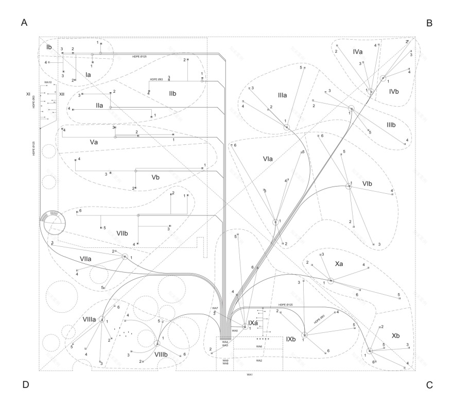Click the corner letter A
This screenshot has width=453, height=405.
click(24, 23)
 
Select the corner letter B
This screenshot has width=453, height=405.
click(429, 23)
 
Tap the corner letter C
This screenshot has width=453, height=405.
click(429, 384)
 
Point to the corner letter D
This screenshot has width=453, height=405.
click(24, 384)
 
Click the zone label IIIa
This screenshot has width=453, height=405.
click(283, 95)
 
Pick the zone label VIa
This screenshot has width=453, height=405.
click(267, 159)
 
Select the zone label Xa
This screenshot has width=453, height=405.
click(339, 264)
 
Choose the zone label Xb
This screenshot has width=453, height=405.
click(395, 335)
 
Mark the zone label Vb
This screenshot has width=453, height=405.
click(155, 177)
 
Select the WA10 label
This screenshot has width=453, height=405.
click(47, 82)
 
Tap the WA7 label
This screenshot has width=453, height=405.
click(215, 308)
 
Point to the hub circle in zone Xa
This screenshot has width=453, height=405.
click(330, 281)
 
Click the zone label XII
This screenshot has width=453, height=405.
click(62, 94)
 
